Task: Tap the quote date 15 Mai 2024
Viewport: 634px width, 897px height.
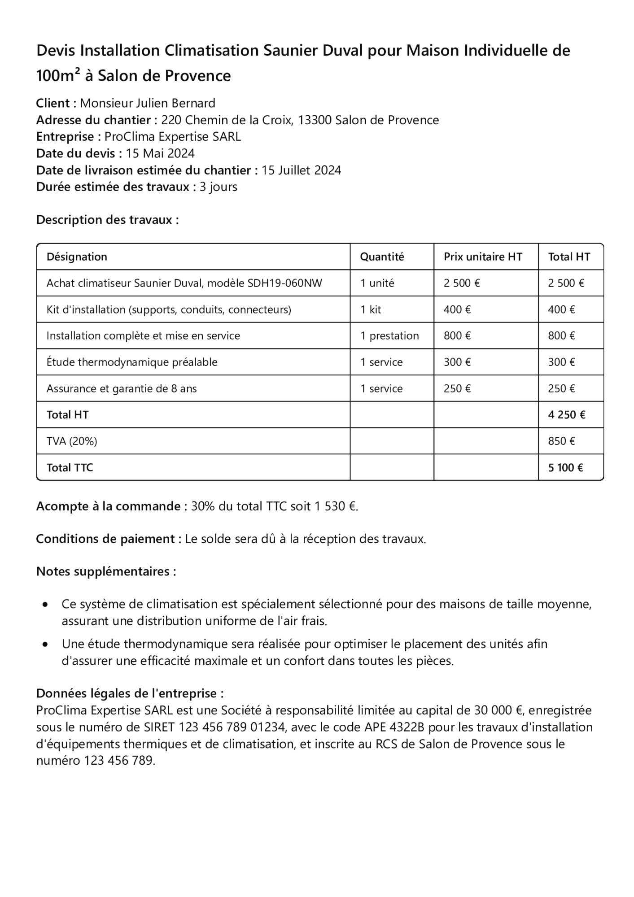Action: coord(160,154)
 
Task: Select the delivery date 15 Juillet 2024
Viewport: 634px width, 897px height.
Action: coord(301,170)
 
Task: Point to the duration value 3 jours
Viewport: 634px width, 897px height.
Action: coord(218,187)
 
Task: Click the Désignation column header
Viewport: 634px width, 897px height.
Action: coord(77,257)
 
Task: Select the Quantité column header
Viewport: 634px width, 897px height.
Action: coord(382,257)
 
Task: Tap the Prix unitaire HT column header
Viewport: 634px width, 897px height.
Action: coord(483,257)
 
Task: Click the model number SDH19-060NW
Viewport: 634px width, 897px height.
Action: coord(284,283)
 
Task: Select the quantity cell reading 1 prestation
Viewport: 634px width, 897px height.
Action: coord(389,336)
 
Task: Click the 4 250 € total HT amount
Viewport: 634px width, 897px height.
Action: coord(566,415)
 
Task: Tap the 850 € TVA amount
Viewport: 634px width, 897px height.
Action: coord(561,441)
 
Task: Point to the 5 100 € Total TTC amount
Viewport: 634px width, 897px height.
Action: coord(565,468)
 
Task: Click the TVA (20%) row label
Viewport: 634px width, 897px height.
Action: coord(72,441)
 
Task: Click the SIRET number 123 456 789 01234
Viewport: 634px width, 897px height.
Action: coord(232,727)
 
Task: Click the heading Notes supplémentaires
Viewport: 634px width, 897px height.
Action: coord(106,572)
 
